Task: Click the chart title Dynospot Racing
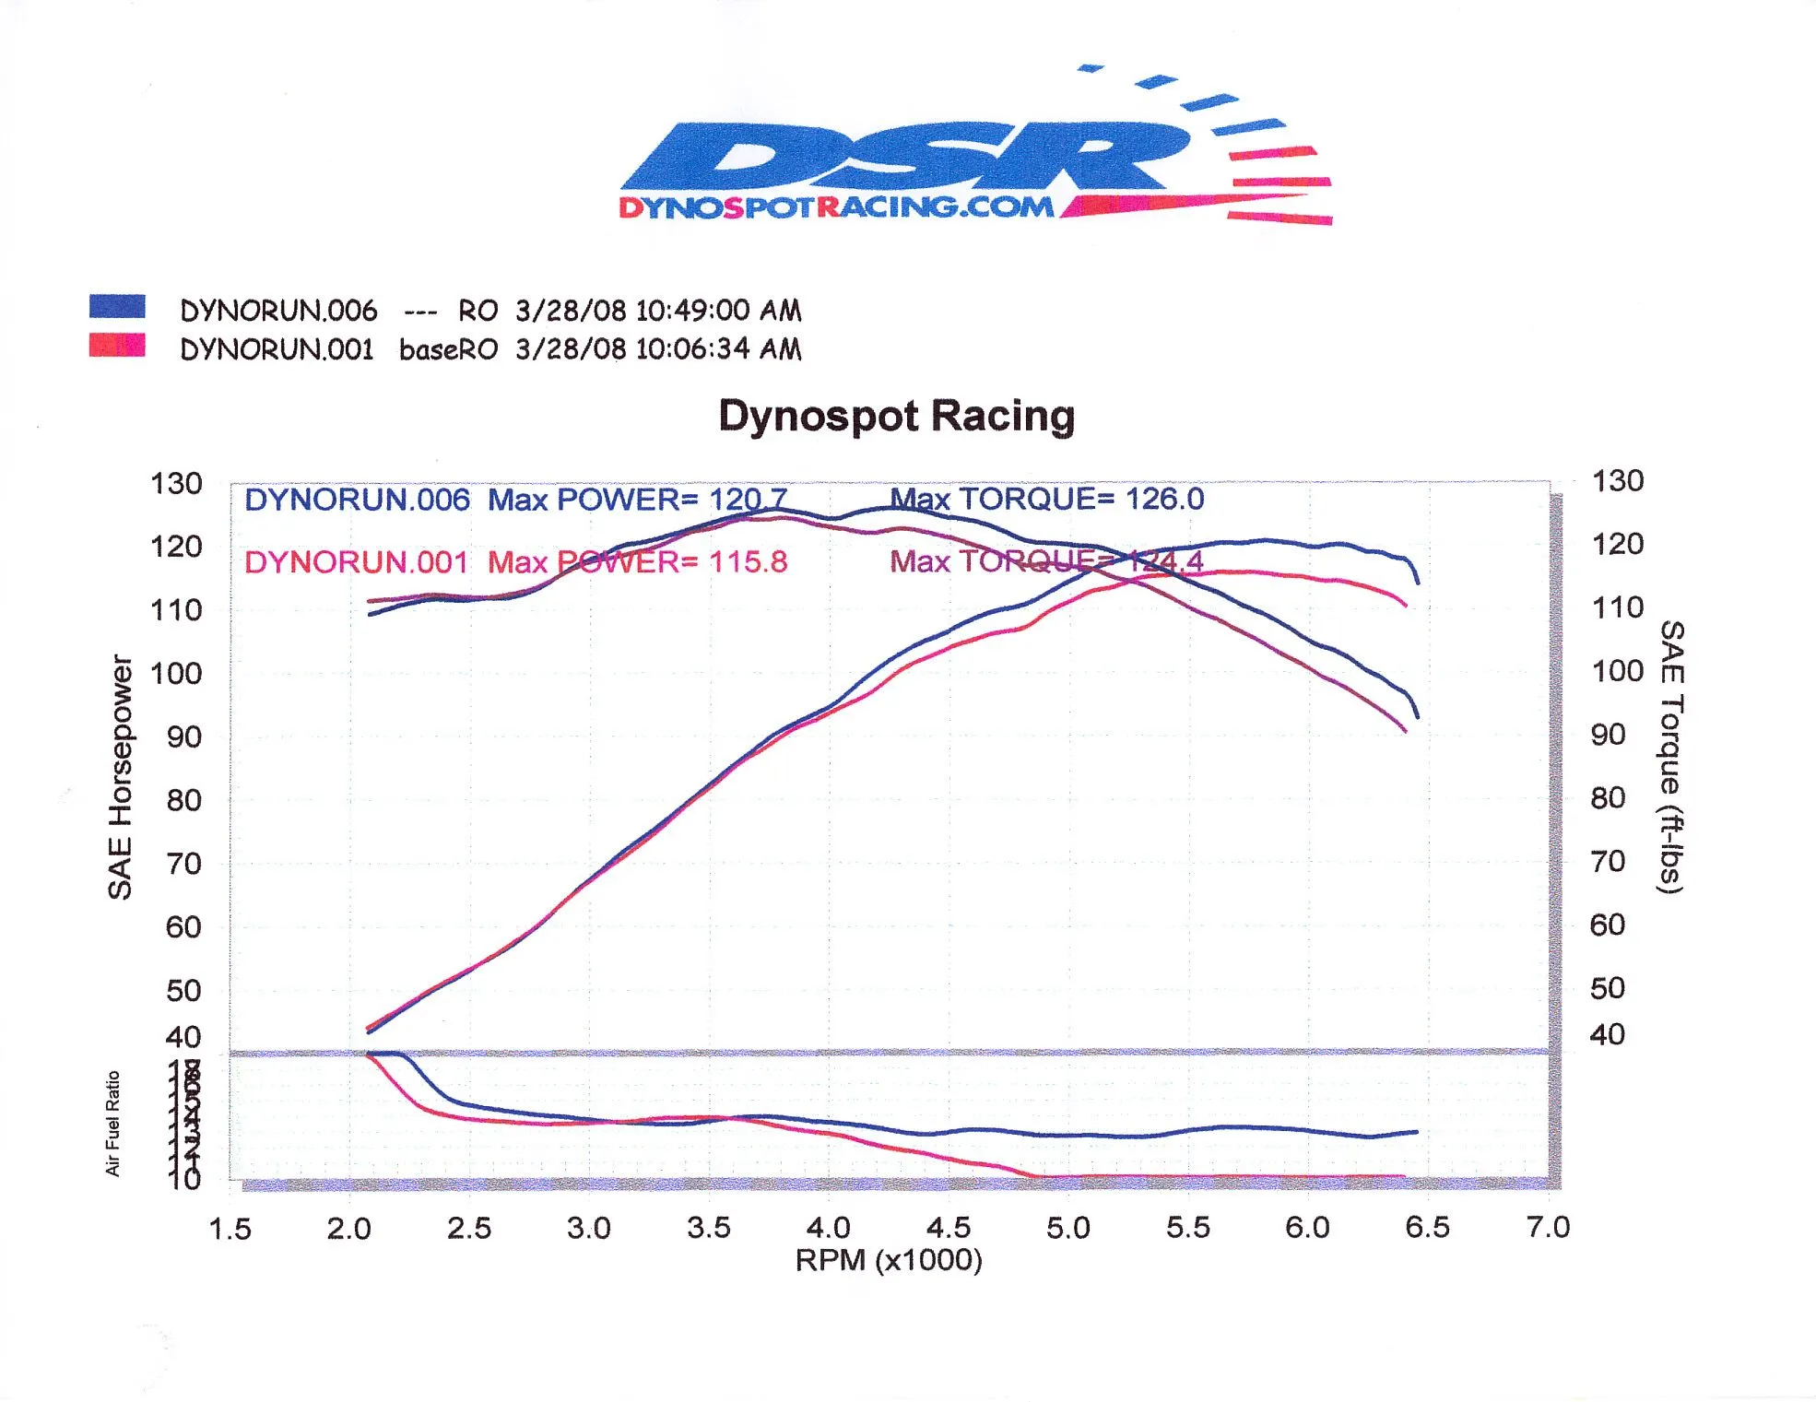(x=896, y=416)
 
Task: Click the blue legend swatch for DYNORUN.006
(x=117, y=307)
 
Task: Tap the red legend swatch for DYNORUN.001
(x=117, y=346)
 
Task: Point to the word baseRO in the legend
(x=448, y=349)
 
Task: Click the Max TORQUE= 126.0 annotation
(x=1046, y=499)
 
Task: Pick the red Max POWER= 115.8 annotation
(x=637, y=561)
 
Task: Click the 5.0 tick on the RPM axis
(x=1067, y=1228)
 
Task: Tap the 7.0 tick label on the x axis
(x=1548, y=1227)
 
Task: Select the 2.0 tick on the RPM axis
(x=348, y=1229)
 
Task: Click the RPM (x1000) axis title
(x=889, y=1260)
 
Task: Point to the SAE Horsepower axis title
(x=121, y=776)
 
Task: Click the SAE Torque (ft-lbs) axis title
(x=1670, y=756)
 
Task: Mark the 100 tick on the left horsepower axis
(x=176, y=673)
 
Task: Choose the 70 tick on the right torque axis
(x=1608, y=862)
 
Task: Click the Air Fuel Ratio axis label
(x=112, y=1124)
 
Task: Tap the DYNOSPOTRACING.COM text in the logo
(x=836, y=206)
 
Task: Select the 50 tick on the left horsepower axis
(x=183, y=991)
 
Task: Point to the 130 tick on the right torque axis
(x=1618, y=480)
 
